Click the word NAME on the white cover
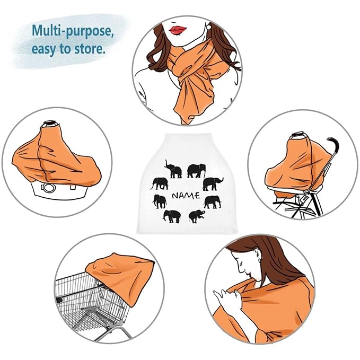pos(186,196)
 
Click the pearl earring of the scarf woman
pos(209,27)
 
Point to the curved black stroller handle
pos(333,150)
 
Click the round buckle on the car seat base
pos(49,188)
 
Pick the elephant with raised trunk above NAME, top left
pos(173,169)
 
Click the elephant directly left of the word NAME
pos(160,201)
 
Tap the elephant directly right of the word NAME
pos(213,202)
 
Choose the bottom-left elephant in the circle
pos(172,216)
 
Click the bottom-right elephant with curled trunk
pos(197,216)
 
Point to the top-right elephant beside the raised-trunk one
pos(196,171)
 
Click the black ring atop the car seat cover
pos(50,123)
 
